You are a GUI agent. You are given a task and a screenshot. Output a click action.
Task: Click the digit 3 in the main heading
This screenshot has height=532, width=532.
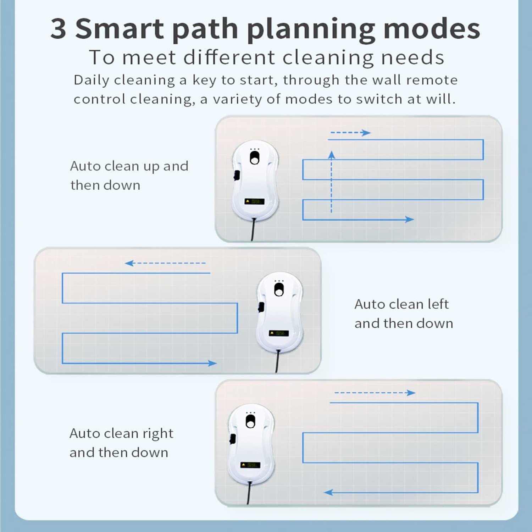[x=59, y=28]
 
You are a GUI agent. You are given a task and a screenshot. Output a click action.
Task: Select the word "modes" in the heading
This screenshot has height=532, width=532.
[x=432, y=28]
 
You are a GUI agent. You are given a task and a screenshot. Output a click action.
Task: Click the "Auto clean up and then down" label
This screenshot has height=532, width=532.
[x=129, y=176]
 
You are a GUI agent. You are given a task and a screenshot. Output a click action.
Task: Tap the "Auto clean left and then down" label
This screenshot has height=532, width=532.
[x=404, y=314]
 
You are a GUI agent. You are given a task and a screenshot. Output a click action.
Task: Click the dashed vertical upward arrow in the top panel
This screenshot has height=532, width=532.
[x=332, y=182]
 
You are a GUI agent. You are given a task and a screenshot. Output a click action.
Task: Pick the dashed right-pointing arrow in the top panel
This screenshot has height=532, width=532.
[x=350, y=133]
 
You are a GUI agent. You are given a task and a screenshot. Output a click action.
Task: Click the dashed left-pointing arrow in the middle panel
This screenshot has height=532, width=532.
[x=165, y=263]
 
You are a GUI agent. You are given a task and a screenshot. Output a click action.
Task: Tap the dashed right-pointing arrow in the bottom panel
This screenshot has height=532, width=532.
[x=375, y=393]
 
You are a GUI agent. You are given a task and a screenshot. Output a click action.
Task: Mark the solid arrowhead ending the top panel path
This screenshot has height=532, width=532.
[x=410, y=220]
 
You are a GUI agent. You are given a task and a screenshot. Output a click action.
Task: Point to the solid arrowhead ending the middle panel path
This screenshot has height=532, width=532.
[x=212, y=363]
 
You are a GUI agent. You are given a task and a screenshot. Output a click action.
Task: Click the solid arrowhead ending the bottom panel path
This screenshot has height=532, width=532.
[x=329, y=492]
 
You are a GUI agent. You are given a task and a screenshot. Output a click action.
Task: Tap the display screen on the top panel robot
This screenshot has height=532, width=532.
[x=254, y=201]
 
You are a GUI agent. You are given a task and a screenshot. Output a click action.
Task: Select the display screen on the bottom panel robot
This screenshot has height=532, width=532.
[x=250, y=465]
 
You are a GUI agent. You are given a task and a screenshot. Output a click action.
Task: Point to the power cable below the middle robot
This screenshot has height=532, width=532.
[x=277, y=361]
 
